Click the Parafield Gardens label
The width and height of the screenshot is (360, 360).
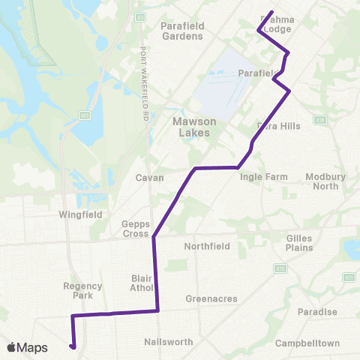(x=182, y=31)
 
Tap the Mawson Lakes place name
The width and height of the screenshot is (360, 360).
(x=184, y=127)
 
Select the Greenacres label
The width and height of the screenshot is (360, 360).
(x=211, y=298)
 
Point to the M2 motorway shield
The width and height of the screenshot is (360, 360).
(x=84, y=115)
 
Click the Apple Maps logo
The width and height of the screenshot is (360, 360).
(x=27, y=347)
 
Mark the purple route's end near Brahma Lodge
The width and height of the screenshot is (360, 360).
(x=271, y=11)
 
